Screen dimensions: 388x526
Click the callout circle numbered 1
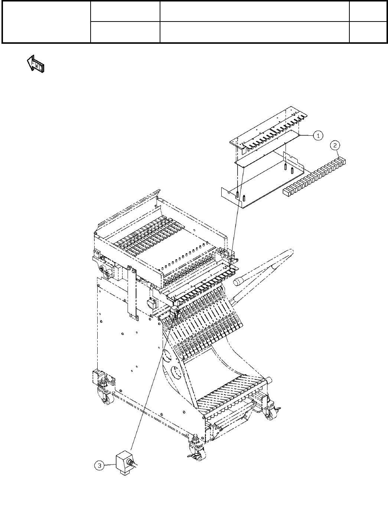coord(318,136)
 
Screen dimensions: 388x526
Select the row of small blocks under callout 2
coord(314,177)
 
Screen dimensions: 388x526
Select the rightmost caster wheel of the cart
coord(270,415)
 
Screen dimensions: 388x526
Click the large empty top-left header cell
coord(46,22)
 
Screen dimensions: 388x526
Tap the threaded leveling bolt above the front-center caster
coord(194,439)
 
